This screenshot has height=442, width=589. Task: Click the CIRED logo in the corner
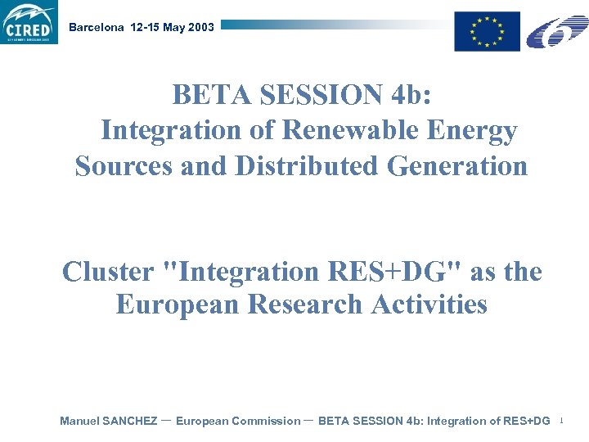coord(29,23)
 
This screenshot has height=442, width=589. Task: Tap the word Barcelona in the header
coord(97,27)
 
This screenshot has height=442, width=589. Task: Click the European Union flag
coord(488,32)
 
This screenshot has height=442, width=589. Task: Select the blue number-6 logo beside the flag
coord(556,32)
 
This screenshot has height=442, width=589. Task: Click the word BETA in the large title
coord(212,96)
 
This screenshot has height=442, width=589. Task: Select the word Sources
coord(124,166)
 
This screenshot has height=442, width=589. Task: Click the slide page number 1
coord(562,422)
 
